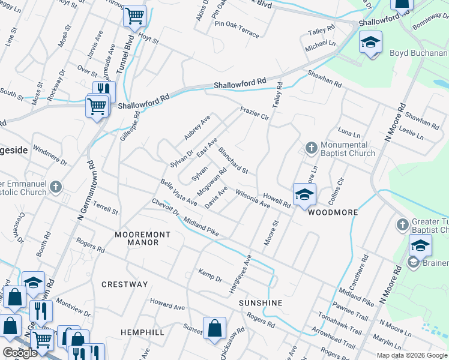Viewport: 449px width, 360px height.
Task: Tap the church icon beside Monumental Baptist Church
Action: (311, 147)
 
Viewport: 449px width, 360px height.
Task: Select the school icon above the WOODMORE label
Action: (304, 194)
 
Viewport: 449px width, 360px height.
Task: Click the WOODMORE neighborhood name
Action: (333, 213)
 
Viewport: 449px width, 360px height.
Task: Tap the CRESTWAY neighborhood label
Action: (124, 284)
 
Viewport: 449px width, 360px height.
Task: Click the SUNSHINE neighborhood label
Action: (261, 303)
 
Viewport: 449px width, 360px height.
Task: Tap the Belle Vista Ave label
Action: (178, 191)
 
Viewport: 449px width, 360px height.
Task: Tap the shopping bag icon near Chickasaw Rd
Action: (214, 329)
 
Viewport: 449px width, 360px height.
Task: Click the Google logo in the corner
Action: (20, 353)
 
